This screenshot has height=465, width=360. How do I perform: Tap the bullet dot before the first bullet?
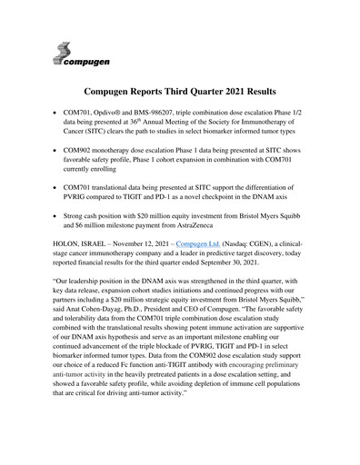point(60,120)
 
